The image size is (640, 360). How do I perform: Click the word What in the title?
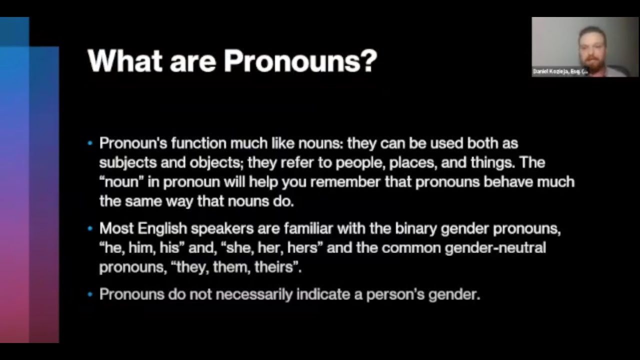(x=124, y=60)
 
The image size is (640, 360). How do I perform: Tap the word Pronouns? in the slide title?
(x=300, y=60)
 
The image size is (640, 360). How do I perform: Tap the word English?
(x=162, y=228)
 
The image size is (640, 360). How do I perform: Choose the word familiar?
(x=308, y=228)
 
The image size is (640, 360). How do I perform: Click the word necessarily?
(x=254, y=294)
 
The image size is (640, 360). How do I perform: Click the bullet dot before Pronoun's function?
(x=90, y=143)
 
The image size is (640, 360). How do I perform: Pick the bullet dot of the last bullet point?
(x=90, y=294)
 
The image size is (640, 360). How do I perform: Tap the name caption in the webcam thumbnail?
(x=560, y=71)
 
